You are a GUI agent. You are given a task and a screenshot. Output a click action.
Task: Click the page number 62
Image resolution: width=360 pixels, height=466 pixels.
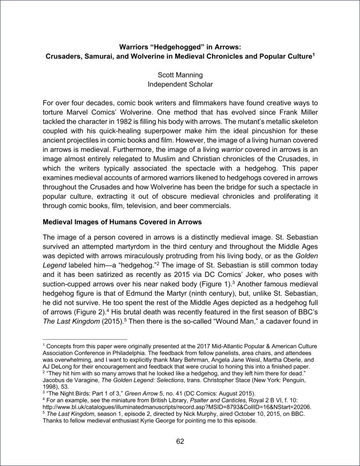(180, 441)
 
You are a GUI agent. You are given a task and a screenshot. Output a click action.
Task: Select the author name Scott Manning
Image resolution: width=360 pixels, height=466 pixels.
(180, 75)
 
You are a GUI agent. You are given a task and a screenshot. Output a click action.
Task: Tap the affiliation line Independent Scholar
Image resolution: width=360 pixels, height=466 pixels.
(180, 84)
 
